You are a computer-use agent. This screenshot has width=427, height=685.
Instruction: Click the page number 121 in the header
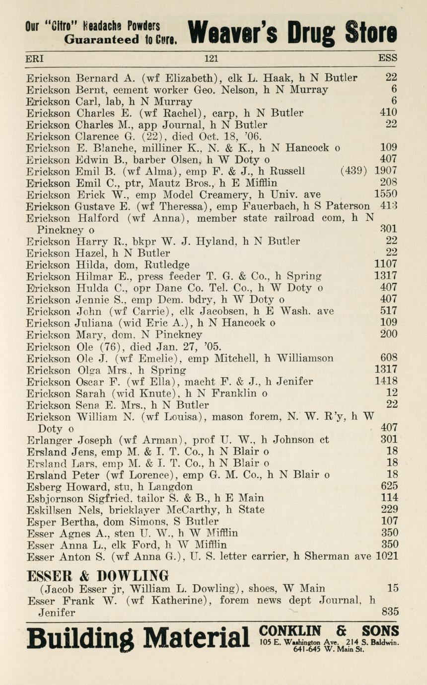(211, 59)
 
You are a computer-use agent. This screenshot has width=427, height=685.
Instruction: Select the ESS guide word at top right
(387, 59)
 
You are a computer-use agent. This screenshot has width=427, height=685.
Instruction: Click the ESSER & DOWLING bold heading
(97, 576)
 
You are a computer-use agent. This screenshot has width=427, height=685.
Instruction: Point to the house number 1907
(386, 171)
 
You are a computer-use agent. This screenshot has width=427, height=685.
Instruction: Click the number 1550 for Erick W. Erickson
(386, 195)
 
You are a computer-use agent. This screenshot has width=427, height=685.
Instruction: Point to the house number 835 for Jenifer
(390, 612)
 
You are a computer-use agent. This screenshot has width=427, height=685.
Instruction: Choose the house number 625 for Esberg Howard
(389, 487)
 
